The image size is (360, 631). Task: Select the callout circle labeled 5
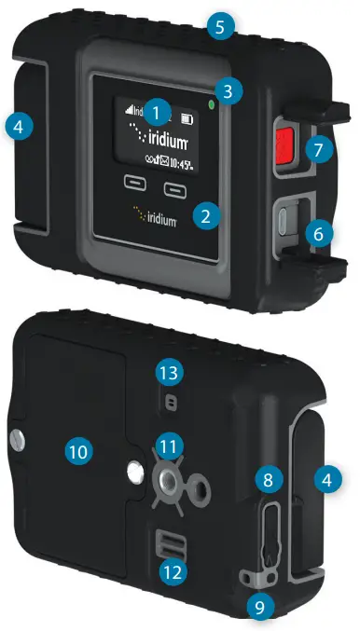pyautogui.click(x=220, y=26)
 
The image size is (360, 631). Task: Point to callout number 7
pyautogui.click(x=322, y=149)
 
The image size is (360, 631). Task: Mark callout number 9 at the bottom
pyautogui.click(x=260, y=608)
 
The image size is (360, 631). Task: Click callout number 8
pyautogui.click(x=268, y=479)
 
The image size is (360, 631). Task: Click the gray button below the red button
pyautogui.click(x=284, y=222)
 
